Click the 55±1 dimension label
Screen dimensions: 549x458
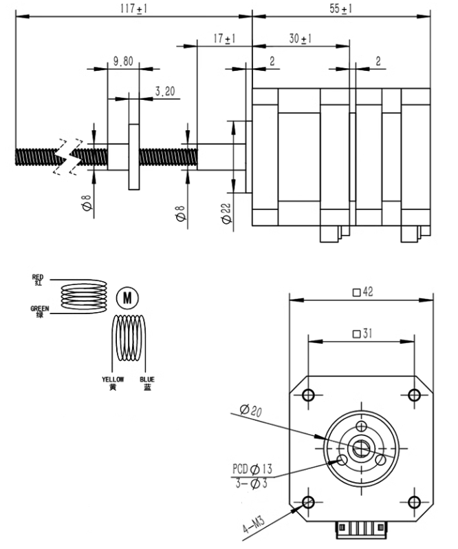pyautogui.click(x=341, y=8)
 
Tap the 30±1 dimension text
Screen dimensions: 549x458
pyautogui.click(x=300, y=39)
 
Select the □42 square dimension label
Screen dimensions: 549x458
pyautogui.click(x=362, y=292)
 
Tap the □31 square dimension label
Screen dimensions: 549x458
pyautogui.click(x=362, y=333)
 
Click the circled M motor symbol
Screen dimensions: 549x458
pyautogui.click(x=127, y=298)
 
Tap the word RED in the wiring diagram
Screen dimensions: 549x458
pyautogui.click(x=37, y=277)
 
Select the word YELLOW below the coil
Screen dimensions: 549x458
pyautogui.click(x=112, y=380)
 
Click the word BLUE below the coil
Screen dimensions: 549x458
pyautogui.click(x=147, y=380)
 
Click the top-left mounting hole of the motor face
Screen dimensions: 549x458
pyautogui.click(x=307, y=395)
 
